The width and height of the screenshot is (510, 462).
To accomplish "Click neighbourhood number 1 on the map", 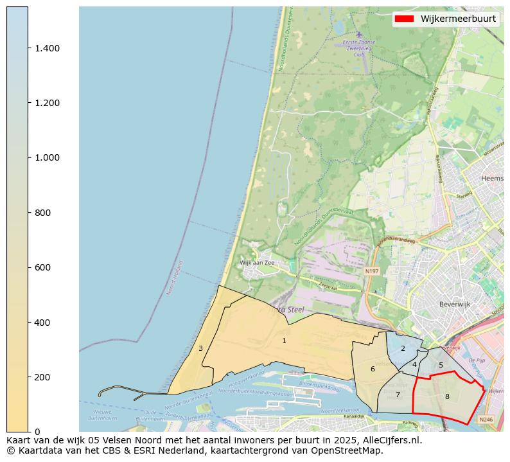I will point(284,341).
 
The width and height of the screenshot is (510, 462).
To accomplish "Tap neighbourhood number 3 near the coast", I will point(200,348).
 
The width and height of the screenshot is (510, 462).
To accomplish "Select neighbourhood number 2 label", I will point(403,348).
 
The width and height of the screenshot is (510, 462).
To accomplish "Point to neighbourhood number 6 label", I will point(373,369).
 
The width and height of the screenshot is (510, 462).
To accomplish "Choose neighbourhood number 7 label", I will point(398,395).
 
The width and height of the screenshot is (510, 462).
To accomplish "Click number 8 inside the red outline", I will point(447,396).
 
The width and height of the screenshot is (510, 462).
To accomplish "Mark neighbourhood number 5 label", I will point(441,365).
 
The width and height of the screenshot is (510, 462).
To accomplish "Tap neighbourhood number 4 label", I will point(414,364).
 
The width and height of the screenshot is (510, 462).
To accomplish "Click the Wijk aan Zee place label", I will point(258,263).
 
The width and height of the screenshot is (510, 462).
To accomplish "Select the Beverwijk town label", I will point(455,304).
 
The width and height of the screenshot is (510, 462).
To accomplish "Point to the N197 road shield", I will point(371,271).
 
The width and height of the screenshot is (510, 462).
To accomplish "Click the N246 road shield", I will point(486,420).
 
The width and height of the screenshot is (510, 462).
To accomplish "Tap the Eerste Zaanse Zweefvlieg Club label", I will point(359,48).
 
